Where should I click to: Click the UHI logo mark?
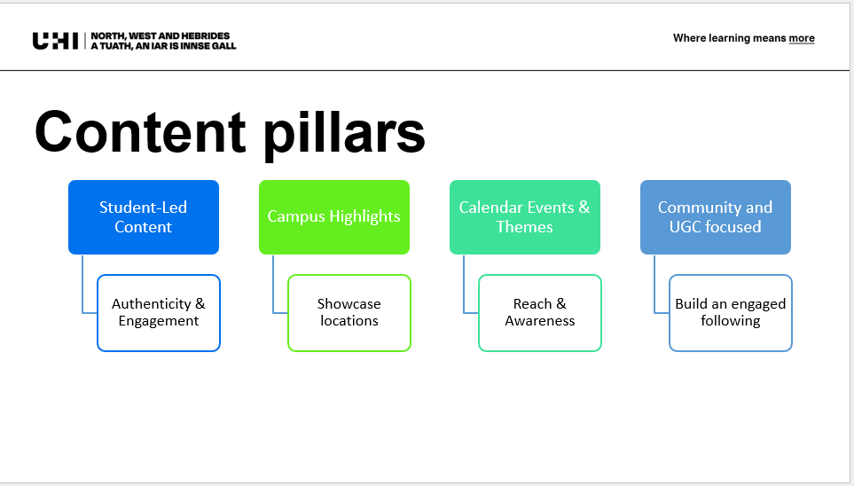(55, 41)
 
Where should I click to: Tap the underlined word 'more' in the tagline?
(802, 38)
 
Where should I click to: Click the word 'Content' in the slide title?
(140, 132)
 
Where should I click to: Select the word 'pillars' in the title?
(344, 134)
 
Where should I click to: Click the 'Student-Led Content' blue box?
(144, 217)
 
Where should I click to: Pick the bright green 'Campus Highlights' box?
(334, 217)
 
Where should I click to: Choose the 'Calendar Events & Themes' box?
(525, 217)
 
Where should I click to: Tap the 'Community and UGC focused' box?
(716, 217)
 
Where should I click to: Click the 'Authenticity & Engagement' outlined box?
(159, 313)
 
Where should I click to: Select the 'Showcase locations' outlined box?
(349, 313)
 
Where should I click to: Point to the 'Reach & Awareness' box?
(540, 313)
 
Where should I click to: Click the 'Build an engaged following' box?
(731, 313)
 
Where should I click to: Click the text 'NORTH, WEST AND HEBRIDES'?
(161, 36)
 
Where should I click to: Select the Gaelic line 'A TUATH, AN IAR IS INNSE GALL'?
(163, 46)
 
